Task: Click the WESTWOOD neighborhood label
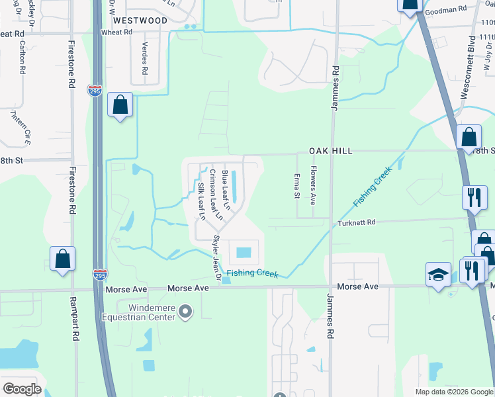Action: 144,21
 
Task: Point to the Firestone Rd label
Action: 70,64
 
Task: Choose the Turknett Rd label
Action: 357,223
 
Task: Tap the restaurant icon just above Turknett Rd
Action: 474,197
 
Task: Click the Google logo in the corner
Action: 22,389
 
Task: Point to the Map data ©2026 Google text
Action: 453,392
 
